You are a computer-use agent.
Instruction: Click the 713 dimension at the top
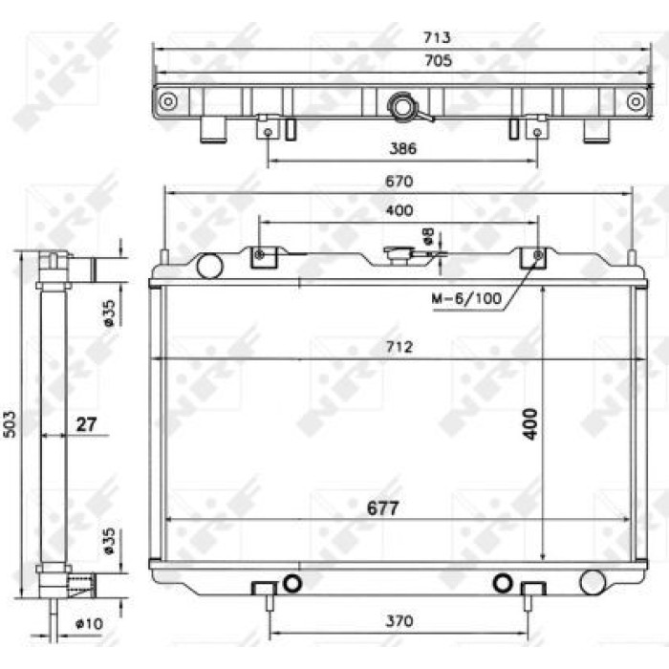437,37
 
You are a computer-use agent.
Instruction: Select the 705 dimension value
438,60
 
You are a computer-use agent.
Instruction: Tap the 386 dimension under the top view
402,148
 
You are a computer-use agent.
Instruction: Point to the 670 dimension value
399,182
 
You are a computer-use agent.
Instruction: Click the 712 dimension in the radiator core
399,346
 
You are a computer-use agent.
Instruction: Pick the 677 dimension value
382,508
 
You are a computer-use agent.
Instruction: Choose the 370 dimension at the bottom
399,621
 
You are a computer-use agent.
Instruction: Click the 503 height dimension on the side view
10,424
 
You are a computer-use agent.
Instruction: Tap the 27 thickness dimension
87,424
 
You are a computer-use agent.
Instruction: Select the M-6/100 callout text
466,298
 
